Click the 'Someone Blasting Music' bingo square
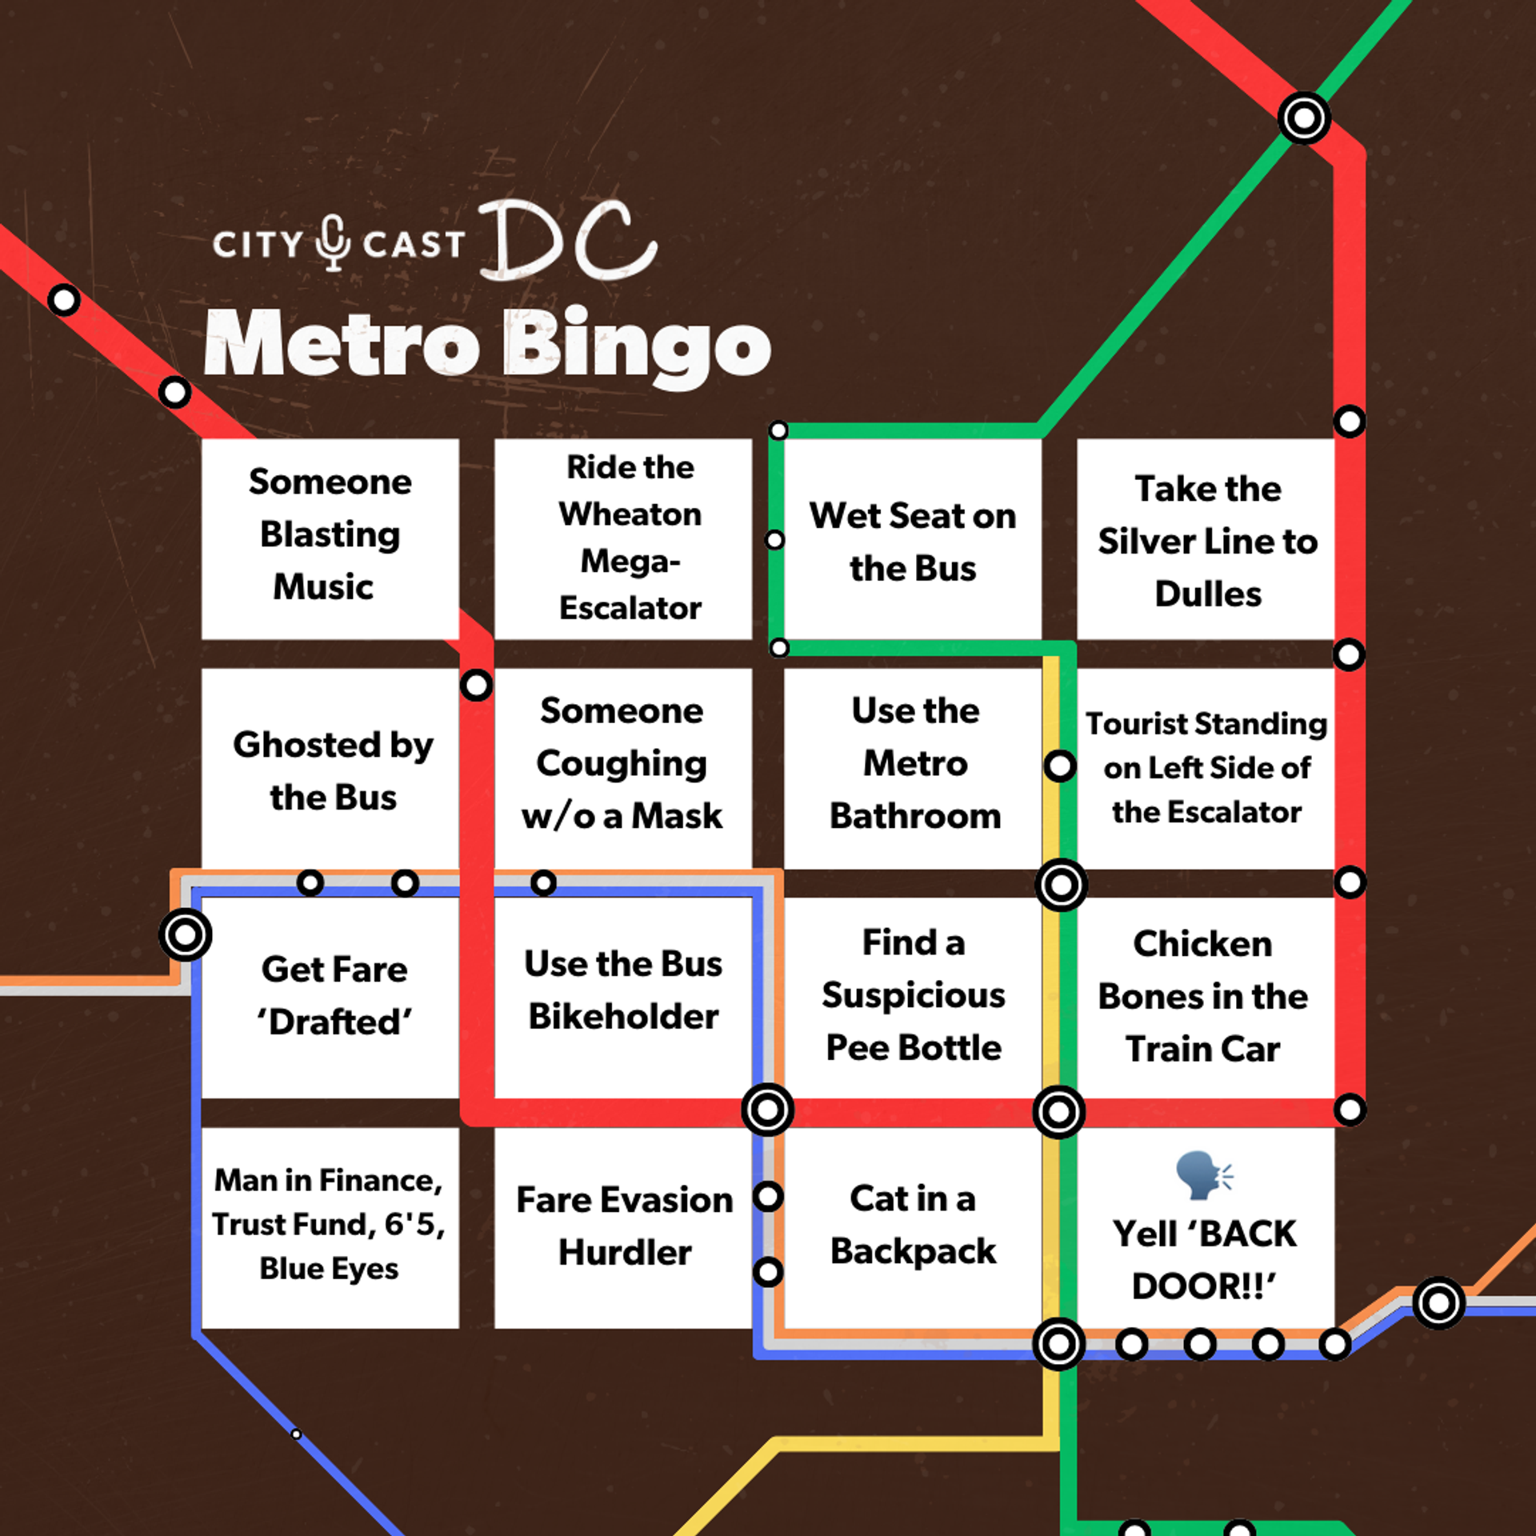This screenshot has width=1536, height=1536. [330, 538]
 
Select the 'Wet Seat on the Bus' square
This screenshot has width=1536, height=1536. [912, 541]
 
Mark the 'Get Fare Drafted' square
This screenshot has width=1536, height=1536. [330, 997]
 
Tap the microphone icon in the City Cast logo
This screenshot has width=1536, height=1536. [333, 242]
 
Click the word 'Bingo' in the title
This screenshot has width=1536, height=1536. [637, 346]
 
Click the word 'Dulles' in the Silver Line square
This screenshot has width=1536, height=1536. [1208, 594]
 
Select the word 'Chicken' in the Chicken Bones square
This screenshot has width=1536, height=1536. [1202, 944]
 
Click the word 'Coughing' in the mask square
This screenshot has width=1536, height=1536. [621, 763]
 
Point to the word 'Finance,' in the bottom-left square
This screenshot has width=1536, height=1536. [379, 1181]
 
